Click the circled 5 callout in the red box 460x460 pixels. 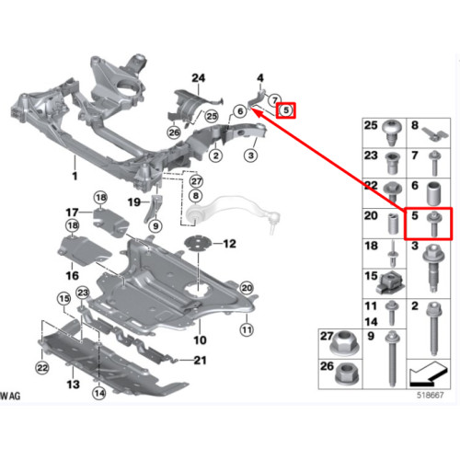pos(286,110)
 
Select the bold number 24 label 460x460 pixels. pos(198,78)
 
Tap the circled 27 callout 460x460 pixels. pos(196,181)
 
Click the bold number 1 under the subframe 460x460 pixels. pos(75,176)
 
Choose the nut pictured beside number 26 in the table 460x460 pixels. pos(347,373)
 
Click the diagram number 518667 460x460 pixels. pos(430,396)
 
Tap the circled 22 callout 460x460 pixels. pos(42,367)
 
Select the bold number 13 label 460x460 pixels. pos(73,384)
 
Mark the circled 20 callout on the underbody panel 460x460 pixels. pos(247,288)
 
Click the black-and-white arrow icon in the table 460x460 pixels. pos(429,374)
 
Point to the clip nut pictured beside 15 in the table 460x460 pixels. pos(390,283)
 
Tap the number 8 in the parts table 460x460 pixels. pos(415,125)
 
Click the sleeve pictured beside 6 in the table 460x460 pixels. pos(434,194)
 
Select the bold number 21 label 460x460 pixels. pos(200,360)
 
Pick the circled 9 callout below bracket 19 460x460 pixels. pos(155,226)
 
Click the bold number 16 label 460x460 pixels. pos(73,275)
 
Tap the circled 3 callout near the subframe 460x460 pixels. pos(251,155)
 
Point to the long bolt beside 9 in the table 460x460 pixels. pos(393,359)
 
